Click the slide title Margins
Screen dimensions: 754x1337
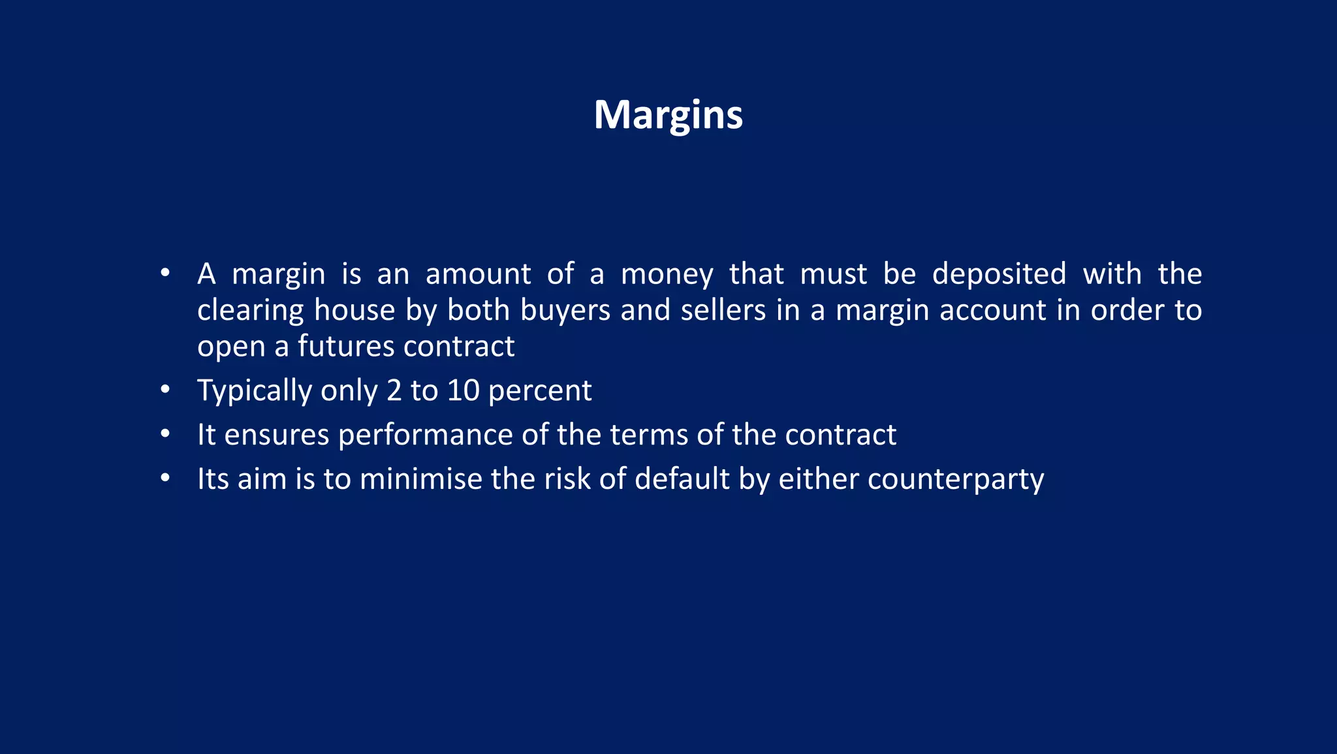[x=668, y=116]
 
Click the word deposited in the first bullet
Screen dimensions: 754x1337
[x=998, y=274]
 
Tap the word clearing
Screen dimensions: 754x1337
[x=250, y=311]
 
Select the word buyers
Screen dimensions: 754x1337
[x=565, y=310]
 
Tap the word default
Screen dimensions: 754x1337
[x=682, y=479]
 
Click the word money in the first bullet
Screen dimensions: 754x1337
[x=667, y=275]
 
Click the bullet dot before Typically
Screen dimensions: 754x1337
[x=165, y=390]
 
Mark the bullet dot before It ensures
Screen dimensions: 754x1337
[x=165, y=434]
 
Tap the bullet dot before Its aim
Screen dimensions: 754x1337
[x=165, y=479]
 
